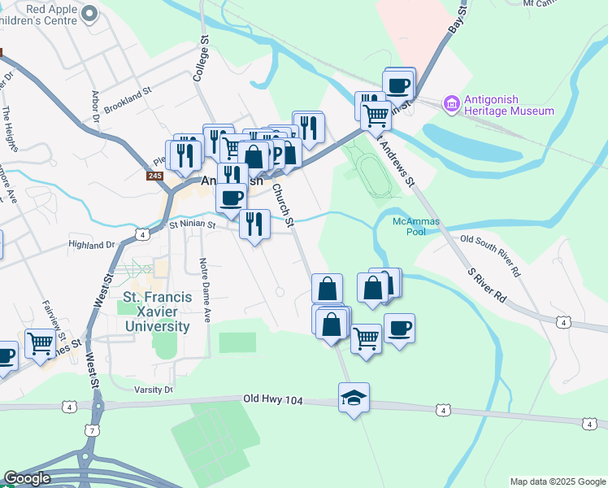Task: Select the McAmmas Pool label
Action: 409,226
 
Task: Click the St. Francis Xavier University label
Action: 157,312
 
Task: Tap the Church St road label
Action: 282,202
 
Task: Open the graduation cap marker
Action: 354,398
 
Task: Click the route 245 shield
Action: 156,176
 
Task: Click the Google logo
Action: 28,478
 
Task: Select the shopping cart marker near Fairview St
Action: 39,343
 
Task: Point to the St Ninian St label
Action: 191,224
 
